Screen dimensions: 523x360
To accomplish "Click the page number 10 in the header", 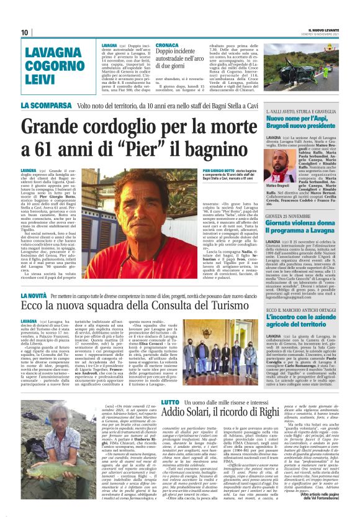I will pos(25,32).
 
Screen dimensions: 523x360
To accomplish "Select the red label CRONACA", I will pos(166,45).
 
